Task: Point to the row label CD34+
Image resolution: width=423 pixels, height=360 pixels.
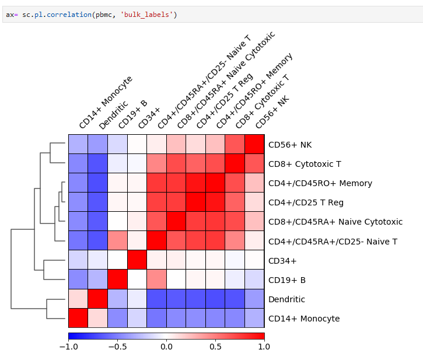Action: pyautogui.click(x=282, y=261)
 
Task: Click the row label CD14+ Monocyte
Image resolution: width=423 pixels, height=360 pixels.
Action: pyautogui.click(x=304, y=319)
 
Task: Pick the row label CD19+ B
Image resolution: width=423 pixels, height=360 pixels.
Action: pyautogui.click(x=286, y=280)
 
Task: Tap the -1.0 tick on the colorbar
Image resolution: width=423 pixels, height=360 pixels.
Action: pyautogui.click(x=68, y=347)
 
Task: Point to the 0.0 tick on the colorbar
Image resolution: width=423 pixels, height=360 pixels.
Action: pyautogui.click(x=166, y=347)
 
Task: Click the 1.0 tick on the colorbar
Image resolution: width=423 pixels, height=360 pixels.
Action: pyautogui.click(x=264, y=347)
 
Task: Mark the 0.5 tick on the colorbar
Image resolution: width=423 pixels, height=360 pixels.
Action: pyautogui.click(x=215, y=347)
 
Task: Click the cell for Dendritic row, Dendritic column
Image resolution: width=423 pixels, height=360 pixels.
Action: pyautogui.click(x=98, y=299)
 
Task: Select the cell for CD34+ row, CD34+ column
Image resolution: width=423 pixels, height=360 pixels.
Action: pyautogui.click(x=137, y=261)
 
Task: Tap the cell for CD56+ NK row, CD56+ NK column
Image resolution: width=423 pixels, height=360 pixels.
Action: pyautogui.click(x=254, y=145)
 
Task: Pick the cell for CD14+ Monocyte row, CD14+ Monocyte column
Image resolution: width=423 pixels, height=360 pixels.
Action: pyautogui.click(x=78, y=319)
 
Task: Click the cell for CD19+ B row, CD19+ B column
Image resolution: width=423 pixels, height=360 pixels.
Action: pyautogui.click(x=118, y=280)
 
